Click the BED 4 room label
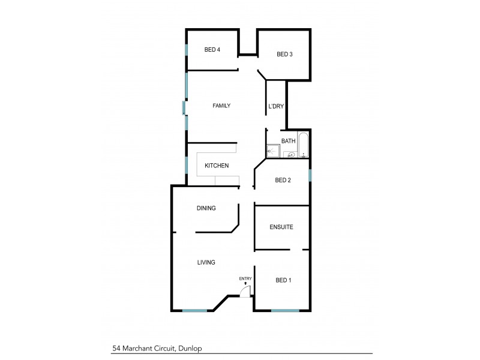pyautogui.click(x=212, y=50)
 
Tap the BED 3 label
pyautogui.click(x=284, y=55)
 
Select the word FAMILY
pyautogui.click(x=221, y=106)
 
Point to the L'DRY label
pyautogui.click(x=276, y=107)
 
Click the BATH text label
pyautogui.click(x=289, y=142)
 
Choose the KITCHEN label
pyautogui.click(x=217, y=166)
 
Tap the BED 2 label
pyautogui.click(x=283, y=180)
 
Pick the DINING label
pyautogui.click(x=206, y=208)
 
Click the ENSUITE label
pyautogui.click(x=281, y=227)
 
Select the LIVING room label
pyautogui.click(x=206, y=262)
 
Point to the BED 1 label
pyautogui.click(x=283, y=280)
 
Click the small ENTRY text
pyautogui.click(x=245, y=278)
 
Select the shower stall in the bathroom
pyautogui.click(x=273, y=151)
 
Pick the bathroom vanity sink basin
pyautogui.click(x=291, y=155)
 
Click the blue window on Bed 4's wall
pyautogui.click(x=187, y=50)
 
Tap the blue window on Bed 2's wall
pyautogui.click(x=310, y=175)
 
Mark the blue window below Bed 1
pyautogui.click(x=285, y=310)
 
